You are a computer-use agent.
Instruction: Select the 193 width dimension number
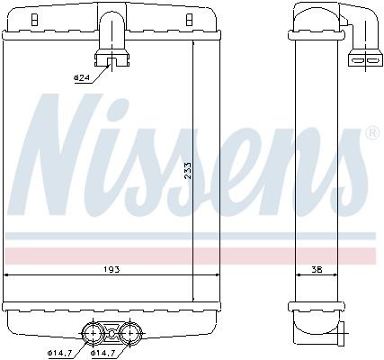point(111,269)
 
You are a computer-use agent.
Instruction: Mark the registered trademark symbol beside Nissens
point(371,136)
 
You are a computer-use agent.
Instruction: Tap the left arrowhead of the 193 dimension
point(8,274)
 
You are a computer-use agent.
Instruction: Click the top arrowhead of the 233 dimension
point(194,41)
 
